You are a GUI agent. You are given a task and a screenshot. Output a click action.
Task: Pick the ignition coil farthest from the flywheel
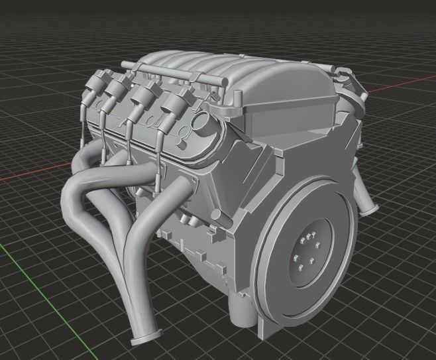pos(98,86)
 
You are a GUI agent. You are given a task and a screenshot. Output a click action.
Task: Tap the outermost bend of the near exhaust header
pos(70,199)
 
